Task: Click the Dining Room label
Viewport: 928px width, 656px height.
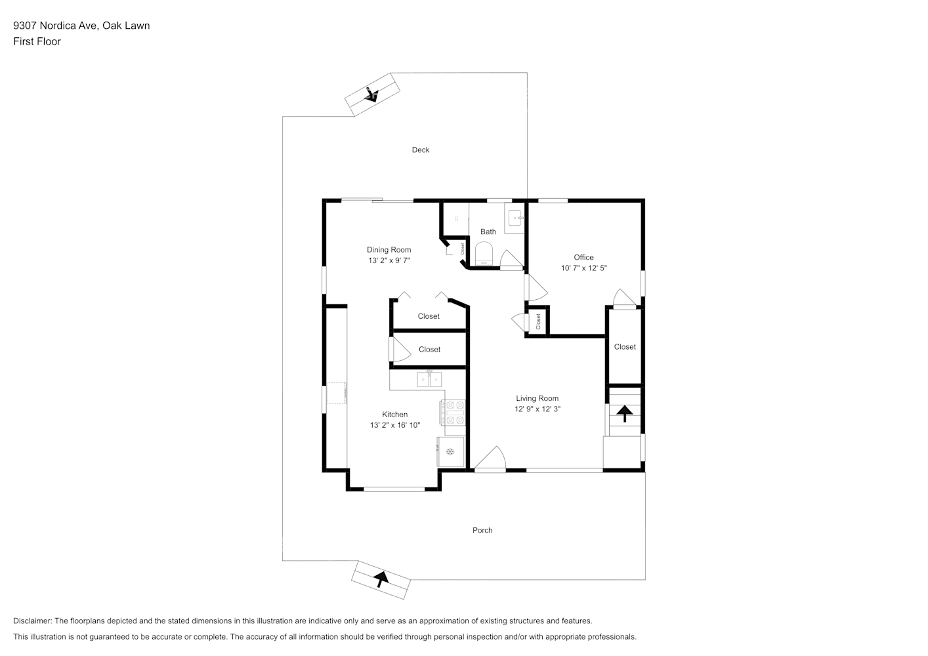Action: pyautogui.click(x=389, y=249)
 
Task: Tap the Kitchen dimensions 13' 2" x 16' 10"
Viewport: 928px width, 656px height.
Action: pyautogui.click(x=394, y=425)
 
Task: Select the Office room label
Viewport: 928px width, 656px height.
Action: pyautogui.click(x=583, y=257)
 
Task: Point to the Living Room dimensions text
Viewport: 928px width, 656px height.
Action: pyautogui.click(x=537, y=409)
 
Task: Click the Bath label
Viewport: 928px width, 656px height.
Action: pyautogui.click(x=488, y=232)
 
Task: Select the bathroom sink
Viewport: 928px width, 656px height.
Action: pyautogui.click(x=515, y=217)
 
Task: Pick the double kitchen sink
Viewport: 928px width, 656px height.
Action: pyautogui.click(x=429, y=379)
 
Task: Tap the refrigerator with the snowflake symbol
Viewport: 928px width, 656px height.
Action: pyautogui.click(x=450, y=451)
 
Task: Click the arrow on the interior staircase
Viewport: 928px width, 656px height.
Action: pyautogui.click(x=623, y=413)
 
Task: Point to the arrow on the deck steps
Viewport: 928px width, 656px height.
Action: pyautogui.click(x=371, y=95)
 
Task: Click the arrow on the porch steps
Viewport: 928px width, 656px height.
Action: pyautogui.click(x=380, y=579)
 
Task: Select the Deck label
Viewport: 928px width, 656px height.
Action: pyautogui.click(x=420, y=150)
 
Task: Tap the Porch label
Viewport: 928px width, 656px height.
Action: pyautogui.click(x=482, y=530)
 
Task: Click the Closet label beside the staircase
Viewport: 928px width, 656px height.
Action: pyautogui.click(x=624, y=346)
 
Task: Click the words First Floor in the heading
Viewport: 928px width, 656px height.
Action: pyautogui.click(x=37, y=41)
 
